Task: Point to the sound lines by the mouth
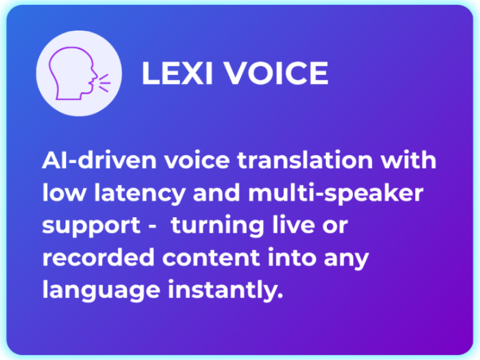[104, 83]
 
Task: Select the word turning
[215, 226]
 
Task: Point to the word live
[286, 226]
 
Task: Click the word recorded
[86, 259]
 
